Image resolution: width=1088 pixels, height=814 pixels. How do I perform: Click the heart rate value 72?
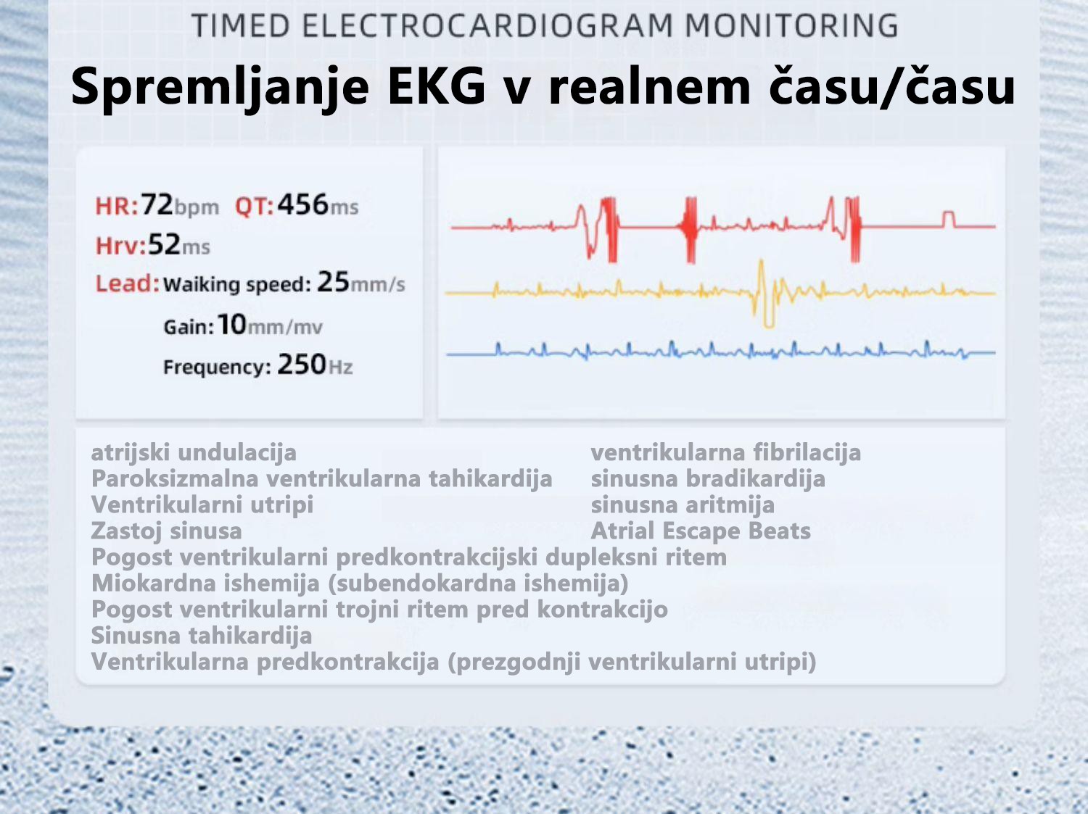coord(157,204)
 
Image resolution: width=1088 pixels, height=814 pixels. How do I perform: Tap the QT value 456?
coord(303,204)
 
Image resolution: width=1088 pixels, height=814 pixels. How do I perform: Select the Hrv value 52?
coord(164,244)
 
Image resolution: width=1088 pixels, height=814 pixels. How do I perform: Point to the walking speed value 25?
coord(333,282)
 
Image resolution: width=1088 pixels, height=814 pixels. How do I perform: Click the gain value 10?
coord(231,324)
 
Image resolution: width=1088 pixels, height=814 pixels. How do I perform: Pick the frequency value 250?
coord(301,364)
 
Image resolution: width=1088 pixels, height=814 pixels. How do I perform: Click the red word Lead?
coord(128,283)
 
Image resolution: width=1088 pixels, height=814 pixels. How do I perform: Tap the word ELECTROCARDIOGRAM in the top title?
coord(487,26)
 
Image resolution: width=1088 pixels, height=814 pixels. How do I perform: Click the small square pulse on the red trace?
coord(949,219)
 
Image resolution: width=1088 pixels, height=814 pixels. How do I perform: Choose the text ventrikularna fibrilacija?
coord(725,452)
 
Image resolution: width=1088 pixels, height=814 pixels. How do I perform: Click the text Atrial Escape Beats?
coord(701,531)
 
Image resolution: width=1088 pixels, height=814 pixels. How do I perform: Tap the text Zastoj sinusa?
coord(167,531)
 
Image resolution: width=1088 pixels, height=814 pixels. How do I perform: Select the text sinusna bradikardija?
coord(708,478)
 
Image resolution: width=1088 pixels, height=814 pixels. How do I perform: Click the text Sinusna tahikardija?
coord(202,635)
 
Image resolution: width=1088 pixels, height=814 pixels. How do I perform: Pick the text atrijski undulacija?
coord(194,452)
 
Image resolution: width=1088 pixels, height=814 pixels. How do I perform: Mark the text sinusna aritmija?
coord(683,504)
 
